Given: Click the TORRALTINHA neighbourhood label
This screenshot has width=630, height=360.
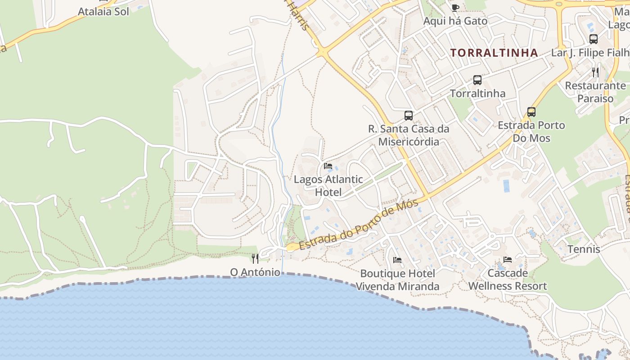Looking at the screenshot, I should click(494, 53).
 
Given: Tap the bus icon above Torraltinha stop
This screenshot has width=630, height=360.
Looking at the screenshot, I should click(477, 80).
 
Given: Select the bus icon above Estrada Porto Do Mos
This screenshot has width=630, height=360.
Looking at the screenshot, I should click(531, 112).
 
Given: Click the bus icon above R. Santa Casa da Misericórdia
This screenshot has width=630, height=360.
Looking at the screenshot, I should click(409, 116).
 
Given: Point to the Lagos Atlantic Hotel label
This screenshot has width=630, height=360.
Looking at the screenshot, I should click(328, 185).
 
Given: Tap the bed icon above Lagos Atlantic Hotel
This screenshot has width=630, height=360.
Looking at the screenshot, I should click(328, 166).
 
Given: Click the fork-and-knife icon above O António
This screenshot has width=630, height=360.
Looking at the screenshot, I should click(255, 258).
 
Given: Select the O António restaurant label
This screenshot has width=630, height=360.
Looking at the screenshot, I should click(255, 272).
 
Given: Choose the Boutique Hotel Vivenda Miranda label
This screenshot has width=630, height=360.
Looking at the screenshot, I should click(397, 280).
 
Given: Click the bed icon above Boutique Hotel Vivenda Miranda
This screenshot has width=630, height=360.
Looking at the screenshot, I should click(397, 260).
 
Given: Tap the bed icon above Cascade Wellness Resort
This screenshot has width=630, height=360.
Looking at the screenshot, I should click(508, 260).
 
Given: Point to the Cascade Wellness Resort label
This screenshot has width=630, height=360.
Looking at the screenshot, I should click(508, 279).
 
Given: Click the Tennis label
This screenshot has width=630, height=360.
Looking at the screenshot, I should click(584, 249).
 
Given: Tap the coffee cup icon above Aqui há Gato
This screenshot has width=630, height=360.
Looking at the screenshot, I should click(455, 8).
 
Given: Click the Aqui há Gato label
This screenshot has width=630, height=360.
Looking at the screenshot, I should click(455, 21).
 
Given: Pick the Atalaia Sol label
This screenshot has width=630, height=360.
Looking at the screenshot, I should click(103, 12).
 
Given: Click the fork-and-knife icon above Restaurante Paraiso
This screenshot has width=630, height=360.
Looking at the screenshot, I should click(595, 72).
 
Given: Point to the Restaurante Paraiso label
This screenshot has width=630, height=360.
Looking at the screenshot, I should click(595, 92).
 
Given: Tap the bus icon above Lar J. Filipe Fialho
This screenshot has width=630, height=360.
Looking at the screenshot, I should click(594, 39).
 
